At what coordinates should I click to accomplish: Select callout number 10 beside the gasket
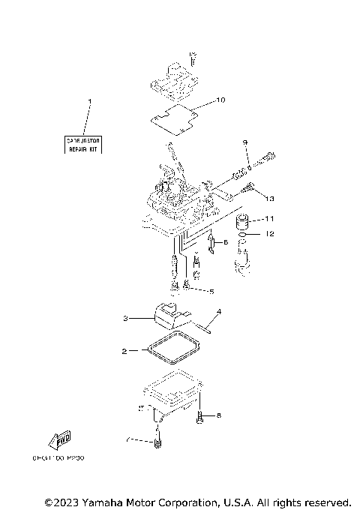(x=220, y=100)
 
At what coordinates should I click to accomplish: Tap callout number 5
(x=211, y=291)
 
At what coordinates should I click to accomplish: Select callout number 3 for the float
(x=127, y=319)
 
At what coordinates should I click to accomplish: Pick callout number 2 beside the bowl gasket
(x=124, y=350)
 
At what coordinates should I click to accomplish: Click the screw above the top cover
(x=192, y=58)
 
